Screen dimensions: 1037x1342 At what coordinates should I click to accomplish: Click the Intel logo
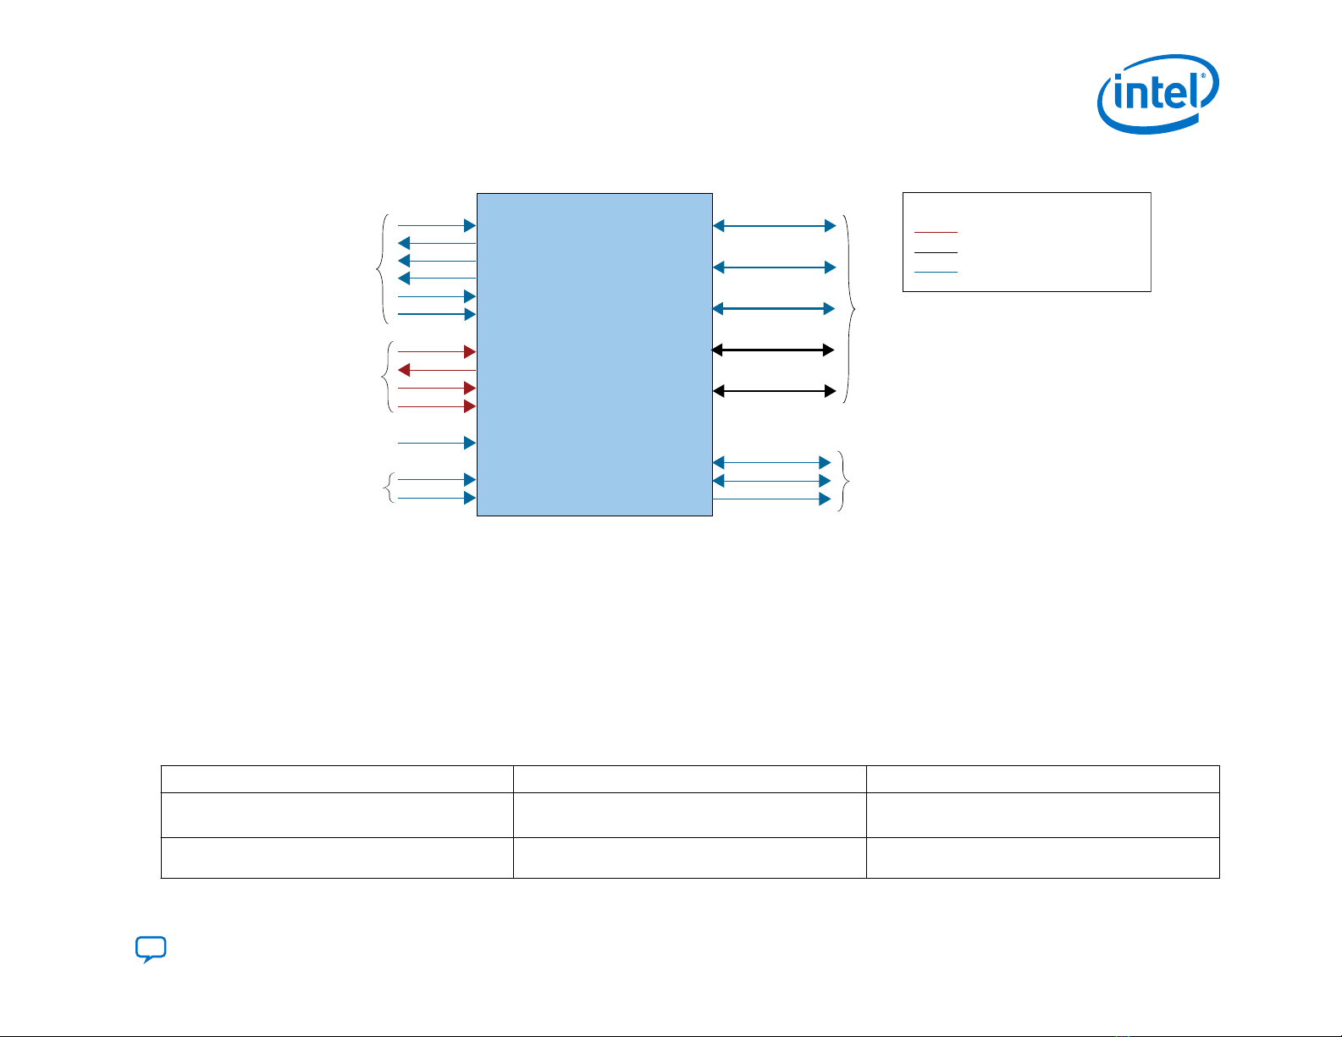[x=1157, y=93]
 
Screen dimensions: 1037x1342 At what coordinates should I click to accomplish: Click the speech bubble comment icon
[x=151, y=950]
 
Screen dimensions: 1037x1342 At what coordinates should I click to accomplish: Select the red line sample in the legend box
[x=936, y=231]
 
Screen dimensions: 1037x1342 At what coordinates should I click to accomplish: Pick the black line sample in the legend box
[x=936, y=252]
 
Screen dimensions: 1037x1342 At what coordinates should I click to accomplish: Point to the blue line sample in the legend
[x=936, y=272]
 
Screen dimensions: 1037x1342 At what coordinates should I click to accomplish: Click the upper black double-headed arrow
[x=773, y=350]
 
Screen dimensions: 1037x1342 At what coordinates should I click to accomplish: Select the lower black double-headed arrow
[x=773, y=391]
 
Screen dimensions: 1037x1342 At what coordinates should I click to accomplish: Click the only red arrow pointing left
[x=437, y=370]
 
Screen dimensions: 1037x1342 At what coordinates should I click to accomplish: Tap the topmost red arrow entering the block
[x=437, y=351]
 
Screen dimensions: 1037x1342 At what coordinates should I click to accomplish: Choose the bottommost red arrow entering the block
[x=437, y=407]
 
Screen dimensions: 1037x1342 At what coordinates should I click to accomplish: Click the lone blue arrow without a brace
[x=437, y=443]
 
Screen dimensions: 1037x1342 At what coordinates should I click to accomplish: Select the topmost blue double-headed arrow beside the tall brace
[x=774, y=226]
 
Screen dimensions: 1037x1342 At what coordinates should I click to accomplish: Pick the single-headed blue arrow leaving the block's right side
[x=771, y=499]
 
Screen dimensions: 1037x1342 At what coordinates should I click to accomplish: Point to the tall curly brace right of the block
[x=849, y=309]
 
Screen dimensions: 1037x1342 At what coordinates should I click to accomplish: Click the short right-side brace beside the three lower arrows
[x=843, y=481]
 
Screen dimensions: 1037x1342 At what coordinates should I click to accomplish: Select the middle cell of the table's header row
[x=689, y=779]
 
